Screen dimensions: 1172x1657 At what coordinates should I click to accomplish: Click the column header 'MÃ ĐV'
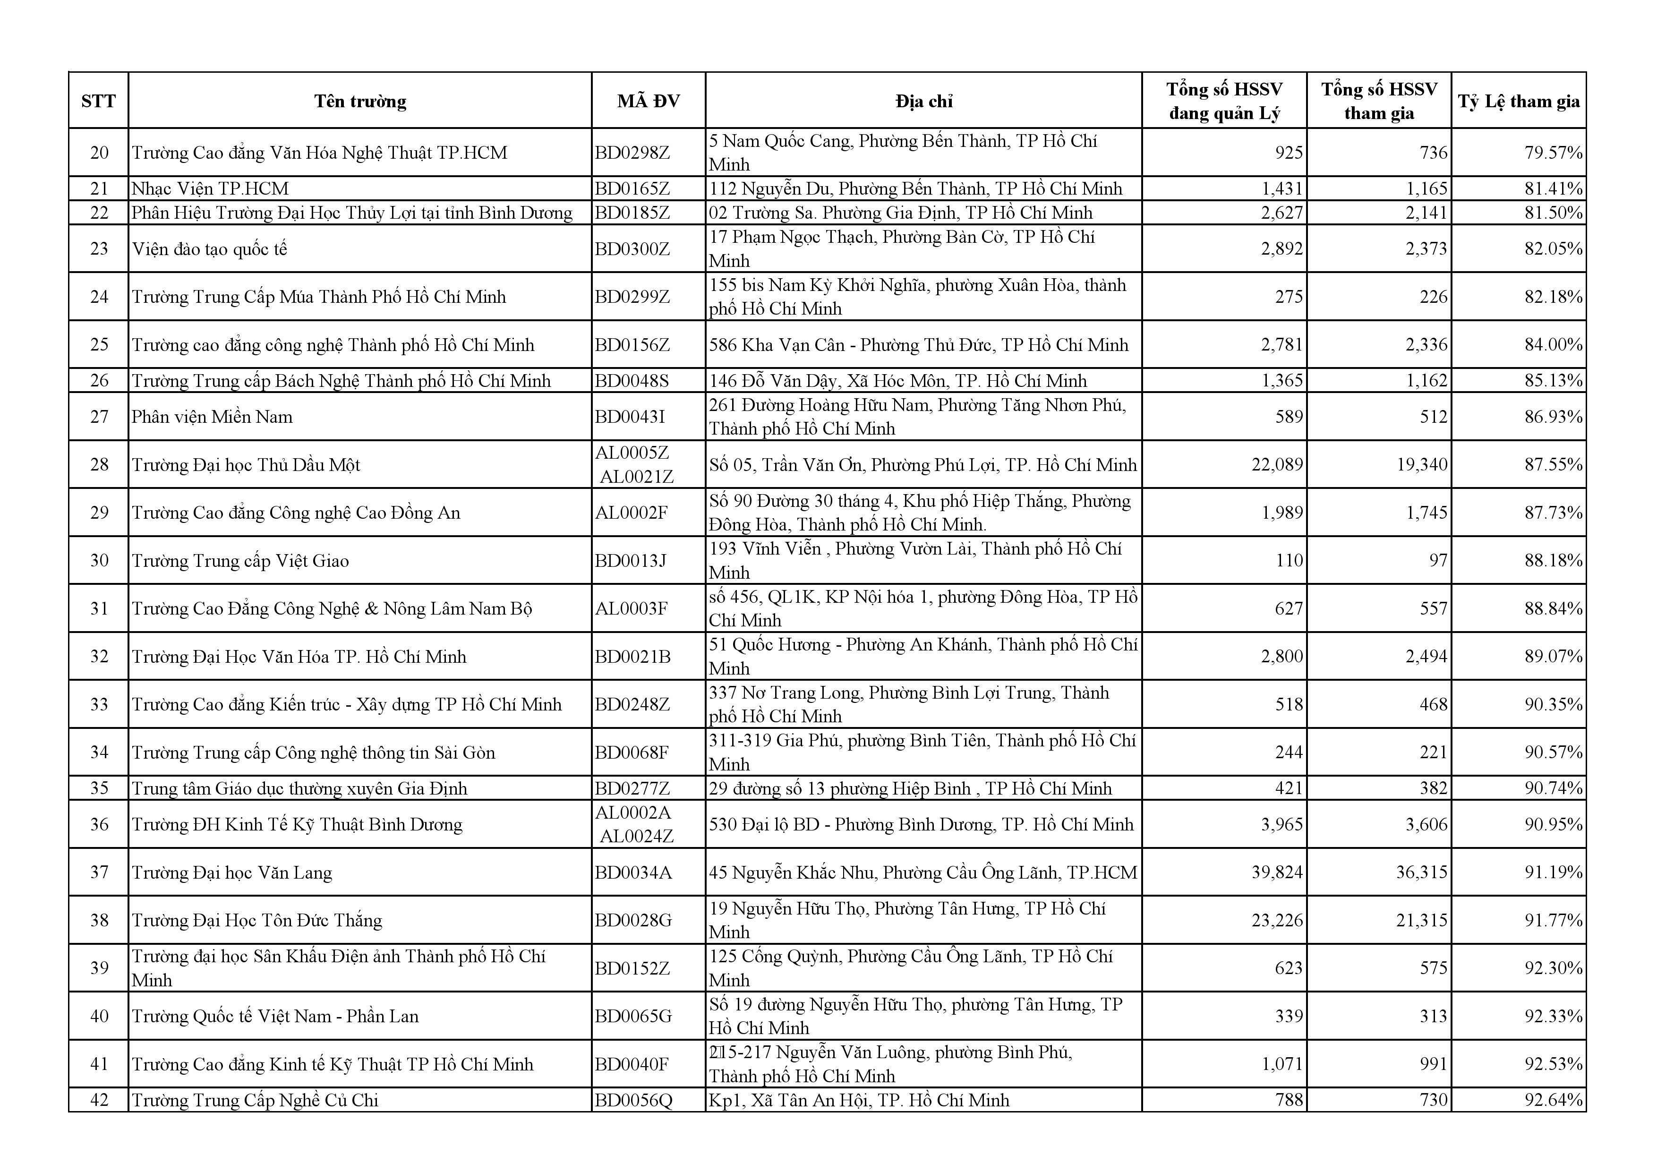tap(648, 101)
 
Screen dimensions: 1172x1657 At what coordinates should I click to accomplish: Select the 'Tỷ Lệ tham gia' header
tap(1519, 101)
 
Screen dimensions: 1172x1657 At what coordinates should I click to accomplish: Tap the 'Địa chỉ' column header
tap(924, 101)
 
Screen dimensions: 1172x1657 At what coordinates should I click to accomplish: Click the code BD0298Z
tap(632, 152)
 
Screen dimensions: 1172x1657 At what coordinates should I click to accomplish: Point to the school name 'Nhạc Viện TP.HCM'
tap(210, 188)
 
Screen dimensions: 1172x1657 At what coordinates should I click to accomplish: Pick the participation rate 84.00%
tap(1553, 344)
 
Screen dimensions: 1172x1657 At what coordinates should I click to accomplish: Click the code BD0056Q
tap(633, 1100)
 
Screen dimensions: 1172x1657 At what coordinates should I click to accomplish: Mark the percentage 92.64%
tap(1553, 1100)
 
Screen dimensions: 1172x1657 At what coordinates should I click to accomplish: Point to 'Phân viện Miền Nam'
tap(212, 416)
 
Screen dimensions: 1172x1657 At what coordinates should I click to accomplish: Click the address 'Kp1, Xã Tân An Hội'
tap(859, 1100)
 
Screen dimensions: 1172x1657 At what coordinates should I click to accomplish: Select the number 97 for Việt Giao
tap(1438, 560)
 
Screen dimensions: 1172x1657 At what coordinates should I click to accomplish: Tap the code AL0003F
tap(632, 608)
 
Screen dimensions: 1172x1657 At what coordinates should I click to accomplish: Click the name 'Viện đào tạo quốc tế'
tap(209, 249)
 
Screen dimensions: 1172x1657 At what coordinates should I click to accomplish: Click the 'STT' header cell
tap(98, 101)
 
